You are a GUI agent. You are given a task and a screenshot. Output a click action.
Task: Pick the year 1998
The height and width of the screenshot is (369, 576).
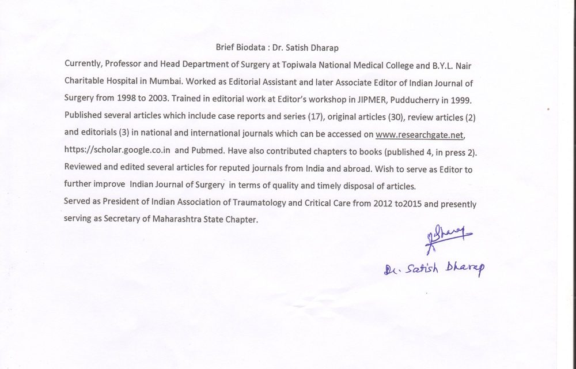click(126, 98)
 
